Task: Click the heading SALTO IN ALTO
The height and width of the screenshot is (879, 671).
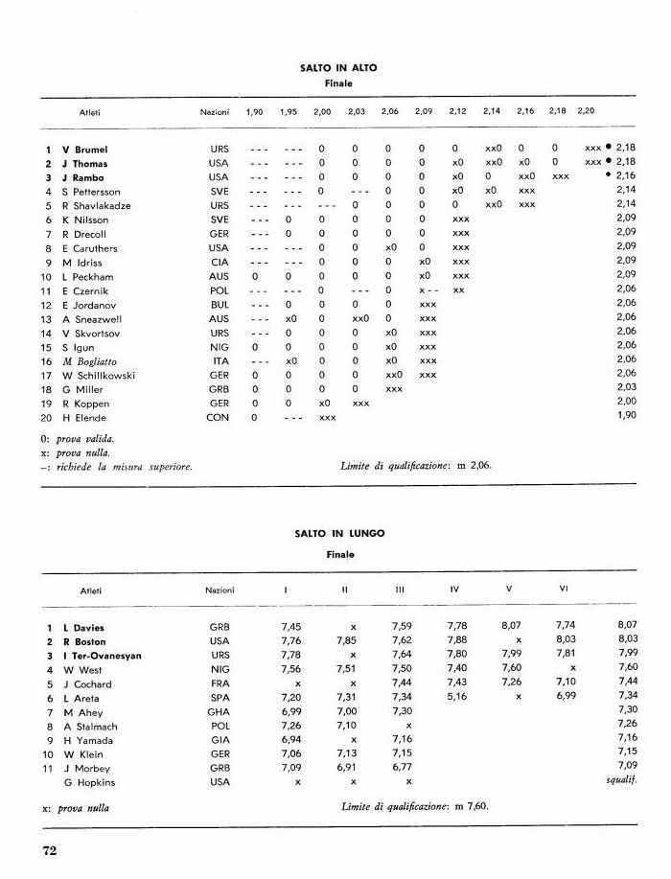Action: click(338, 68)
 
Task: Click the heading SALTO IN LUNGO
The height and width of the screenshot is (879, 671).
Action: click(338, 533)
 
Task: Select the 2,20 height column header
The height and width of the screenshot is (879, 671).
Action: click(586, 111)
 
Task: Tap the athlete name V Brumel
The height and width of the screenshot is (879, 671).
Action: click(84, 150)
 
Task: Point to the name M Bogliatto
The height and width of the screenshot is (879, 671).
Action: click(91, 360)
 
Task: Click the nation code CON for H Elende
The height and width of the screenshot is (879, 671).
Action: click(218, 417)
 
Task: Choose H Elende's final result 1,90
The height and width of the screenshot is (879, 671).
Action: click(626, 417)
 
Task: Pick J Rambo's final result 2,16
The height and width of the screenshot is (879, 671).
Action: click(626, 177)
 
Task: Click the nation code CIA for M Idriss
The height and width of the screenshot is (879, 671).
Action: click(219, 262)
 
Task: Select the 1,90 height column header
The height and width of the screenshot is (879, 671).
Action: click(254, 111)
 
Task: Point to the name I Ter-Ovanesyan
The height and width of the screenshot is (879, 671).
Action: click(103, 656)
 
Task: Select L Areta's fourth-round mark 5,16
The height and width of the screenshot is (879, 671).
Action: click(456, 698)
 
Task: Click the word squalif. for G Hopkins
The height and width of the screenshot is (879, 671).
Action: click(621, 782)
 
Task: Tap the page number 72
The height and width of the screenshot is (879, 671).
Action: click(51, 848)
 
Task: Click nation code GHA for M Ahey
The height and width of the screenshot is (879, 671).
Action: click(220, 712)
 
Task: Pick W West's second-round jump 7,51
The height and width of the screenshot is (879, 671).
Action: click(347, 669)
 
